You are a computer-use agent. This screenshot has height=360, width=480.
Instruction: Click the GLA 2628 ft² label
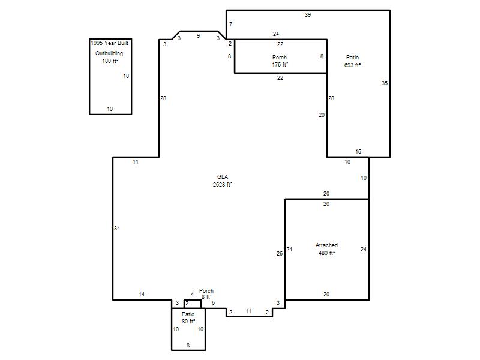point(223,181)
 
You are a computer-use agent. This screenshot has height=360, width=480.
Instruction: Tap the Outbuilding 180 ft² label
point(109,57)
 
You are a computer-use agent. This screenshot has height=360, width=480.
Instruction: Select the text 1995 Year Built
point(110,43)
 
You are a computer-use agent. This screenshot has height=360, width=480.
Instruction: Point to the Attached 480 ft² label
point(326,249)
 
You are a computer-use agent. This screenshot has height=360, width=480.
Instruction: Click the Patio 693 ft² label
point(352,61)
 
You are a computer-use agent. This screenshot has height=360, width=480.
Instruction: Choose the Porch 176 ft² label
point(280,61)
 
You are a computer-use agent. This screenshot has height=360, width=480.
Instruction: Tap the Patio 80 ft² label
point(188,318)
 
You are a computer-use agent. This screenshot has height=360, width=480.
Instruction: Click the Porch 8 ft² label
point(206,293)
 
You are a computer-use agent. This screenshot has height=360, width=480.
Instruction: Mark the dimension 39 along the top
point(308,14)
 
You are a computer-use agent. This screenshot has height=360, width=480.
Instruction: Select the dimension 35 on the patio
point(385,83)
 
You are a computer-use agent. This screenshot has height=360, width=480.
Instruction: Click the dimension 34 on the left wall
point(117,228)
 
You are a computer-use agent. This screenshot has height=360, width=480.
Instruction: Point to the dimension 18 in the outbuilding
point(126,76)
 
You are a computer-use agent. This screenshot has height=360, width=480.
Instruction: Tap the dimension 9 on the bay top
point(199,36)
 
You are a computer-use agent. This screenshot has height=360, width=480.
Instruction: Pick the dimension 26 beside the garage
point(280,253)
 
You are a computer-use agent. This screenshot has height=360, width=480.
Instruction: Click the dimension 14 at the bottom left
point(142,294)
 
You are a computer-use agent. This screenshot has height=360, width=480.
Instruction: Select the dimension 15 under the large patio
point(358,152)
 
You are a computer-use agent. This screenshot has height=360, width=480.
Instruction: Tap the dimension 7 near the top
point(230,24)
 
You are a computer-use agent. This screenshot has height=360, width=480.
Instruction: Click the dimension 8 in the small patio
point(188,346)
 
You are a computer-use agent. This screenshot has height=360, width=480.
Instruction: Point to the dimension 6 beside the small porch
point(214,303)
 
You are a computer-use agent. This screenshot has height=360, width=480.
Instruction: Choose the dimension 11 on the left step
point(136,162)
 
